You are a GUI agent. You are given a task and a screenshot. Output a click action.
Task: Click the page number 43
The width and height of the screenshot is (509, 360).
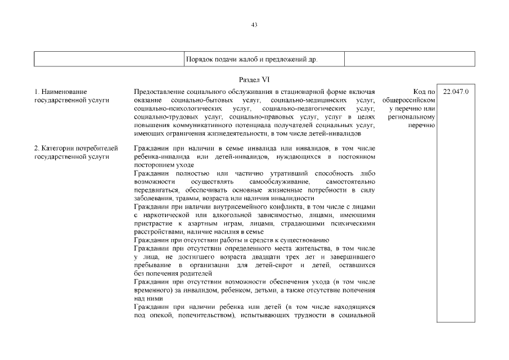click(x=254, y=25)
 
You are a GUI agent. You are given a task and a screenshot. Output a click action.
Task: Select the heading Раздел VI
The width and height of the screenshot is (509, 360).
click(x=254, y=80)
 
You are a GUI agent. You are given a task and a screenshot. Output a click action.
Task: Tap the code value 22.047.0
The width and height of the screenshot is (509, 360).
click(x=456, y=91)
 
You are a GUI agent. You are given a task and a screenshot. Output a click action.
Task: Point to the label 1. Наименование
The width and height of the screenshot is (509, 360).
click(x=61, y=91)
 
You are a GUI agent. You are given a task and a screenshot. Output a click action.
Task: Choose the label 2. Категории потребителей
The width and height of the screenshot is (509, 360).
click(x=76, y=148)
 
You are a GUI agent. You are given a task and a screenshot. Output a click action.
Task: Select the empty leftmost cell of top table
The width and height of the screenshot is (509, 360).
click(x=110, y=59)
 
